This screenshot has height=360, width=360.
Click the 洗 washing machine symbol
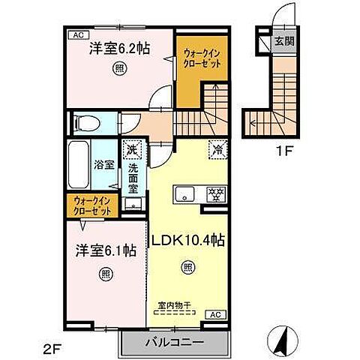[132, 150]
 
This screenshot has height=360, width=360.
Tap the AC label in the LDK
[214, 314]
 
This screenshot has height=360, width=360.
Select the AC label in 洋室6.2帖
[77, 35]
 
